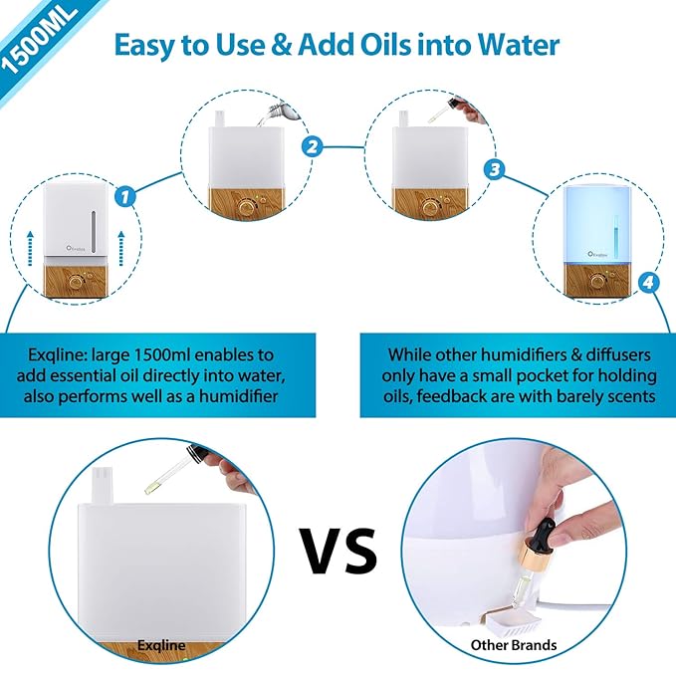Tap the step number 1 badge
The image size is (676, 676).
tap(125, 196)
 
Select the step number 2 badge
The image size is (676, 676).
tap(312, 147)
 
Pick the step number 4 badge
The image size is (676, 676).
tap(648, 285)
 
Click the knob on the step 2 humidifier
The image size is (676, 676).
tap(247, 210)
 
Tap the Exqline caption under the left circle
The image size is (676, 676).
tap(162, 645)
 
